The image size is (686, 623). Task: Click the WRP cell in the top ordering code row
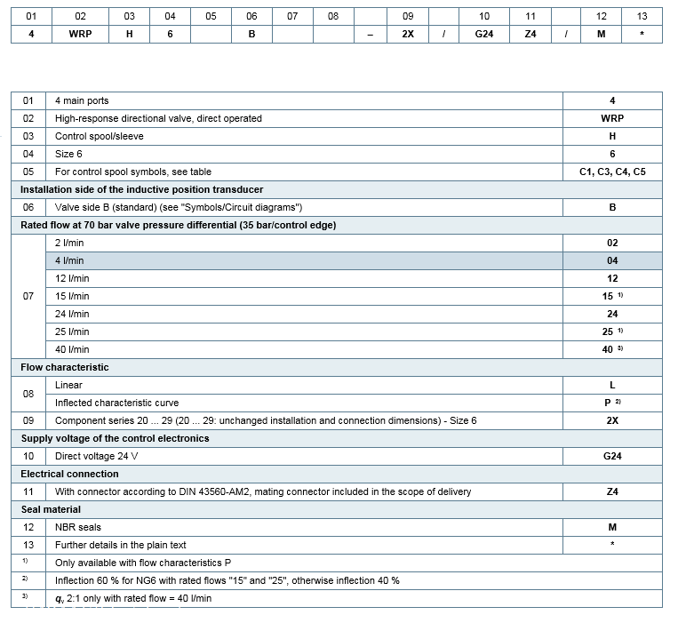pyautogui.click(x=80, y=34)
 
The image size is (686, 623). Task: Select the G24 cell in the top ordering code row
pyautogui.click(x=484, y=34)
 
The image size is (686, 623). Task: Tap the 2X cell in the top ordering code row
pyautogui.click(x=408, y=34)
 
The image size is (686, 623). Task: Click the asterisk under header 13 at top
pyautogui.click(x=642, y=34)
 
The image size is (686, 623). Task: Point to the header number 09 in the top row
pyautogui.click(x=408, y=16)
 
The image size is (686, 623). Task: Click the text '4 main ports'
pyautogui.click(x=82, y=100)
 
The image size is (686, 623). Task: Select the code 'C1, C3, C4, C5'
pyautogui.click(x=612, y=172)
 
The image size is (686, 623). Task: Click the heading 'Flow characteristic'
pyautogui.click(x=65, y=367)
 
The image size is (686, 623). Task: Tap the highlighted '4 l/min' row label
pyautogui.click(x=69, y=260)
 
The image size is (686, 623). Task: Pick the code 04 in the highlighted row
pyautogui.click(x=612, y=260)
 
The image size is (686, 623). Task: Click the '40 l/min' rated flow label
pyautogui.click(x=72, y=349)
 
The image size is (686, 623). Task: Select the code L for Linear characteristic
pyautogui.click(x=612, y=385)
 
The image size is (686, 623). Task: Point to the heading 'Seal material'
pyautogui.click(x=51, y=509)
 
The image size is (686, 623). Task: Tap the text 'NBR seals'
pyautogui.click(x=76, y=527)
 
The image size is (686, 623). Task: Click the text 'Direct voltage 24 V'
pyautogui.click(x=97, y=456)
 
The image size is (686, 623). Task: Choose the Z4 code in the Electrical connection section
pyautogui.click(x=612, y=491)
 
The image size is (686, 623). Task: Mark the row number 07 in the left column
pyautogui.click(x=28, y=296)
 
